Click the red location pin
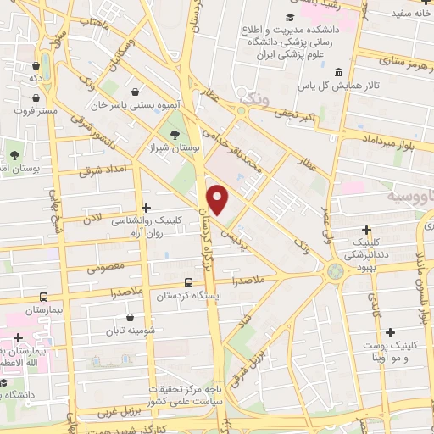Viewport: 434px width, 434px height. tap(219, 200)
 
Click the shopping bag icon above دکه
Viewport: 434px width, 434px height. tap(36, 64)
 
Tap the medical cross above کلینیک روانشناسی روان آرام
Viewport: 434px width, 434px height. tap(147, 207)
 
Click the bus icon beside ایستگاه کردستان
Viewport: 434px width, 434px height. tap(189, 285)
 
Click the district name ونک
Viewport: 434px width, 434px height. tap(253, 101)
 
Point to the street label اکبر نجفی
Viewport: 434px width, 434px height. tap(298, 112)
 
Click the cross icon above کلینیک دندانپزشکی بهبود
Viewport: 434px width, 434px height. tap(366, 229)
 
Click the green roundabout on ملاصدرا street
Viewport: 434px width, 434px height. tap(336, 272)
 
